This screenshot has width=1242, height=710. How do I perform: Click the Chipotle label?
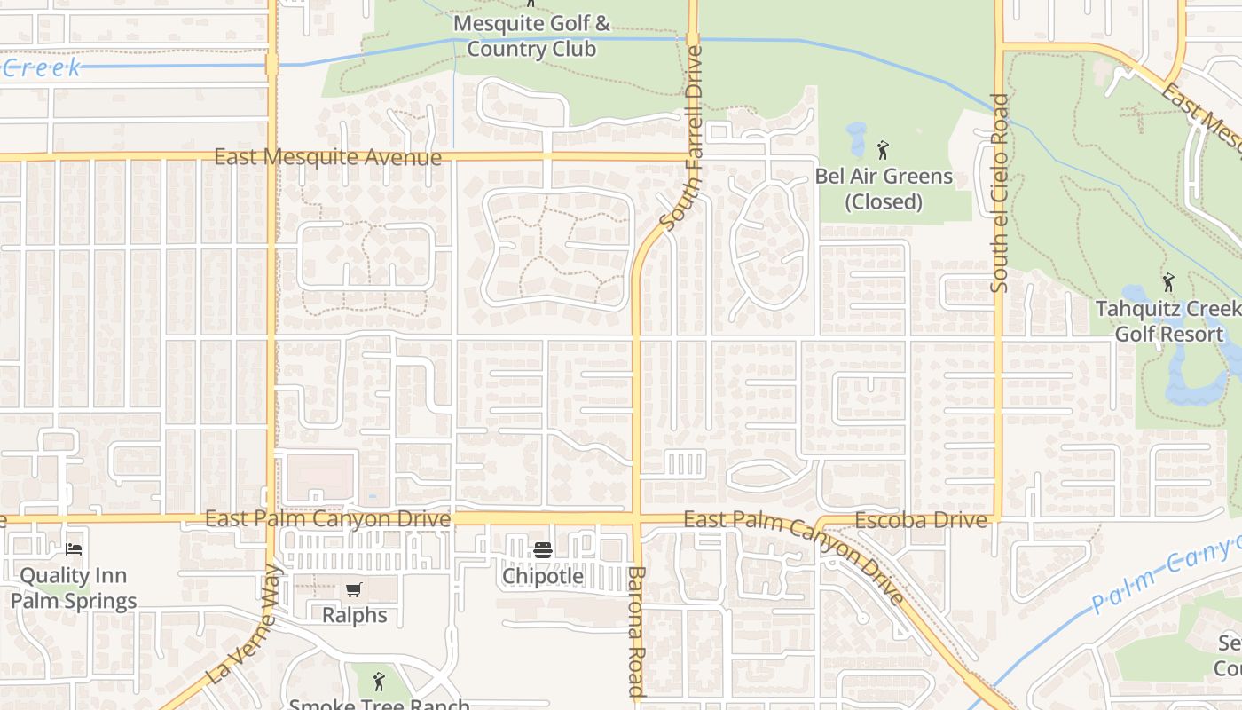click(x=543, y=576)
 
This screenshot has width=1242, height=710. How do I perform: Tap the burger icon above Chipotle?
click(x=543, y=550)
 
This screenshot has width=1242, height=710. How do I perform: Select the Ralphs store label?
click(x=354, y=615)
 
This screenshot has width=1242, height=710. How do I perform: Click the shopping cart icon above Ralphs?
click(x=354, y=589)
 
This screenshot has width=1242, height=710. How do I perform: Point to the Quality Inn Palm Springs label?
click(x=74, y=588)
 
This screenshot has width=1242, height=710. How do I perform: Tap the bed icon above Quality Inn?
click(x=74, y=549)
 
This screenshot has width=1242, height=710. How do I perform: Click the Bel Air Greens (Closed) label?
click(x=884, y=188)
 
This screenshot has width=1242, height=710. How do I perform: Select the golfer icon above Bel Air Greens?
click(x=883, y=150)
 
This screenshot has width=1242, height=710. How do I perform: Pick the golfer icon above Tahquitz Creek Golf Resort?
click(x=1168, y=283)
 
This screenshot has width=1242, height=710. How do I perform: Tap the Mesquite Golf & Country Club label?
click(x=531, y=35)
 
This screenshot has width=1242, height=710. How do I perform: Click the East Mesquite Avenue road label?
click(x=327, y=158)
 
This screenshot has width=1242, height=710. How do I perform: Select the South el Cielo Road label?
click(x=1000, y=193)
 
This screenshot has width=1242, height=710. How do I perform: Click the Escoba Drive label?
click(x=920, y=520)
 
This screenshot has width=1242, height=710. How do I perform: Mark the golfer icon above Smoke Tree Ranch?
click(x=380, y=682)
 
